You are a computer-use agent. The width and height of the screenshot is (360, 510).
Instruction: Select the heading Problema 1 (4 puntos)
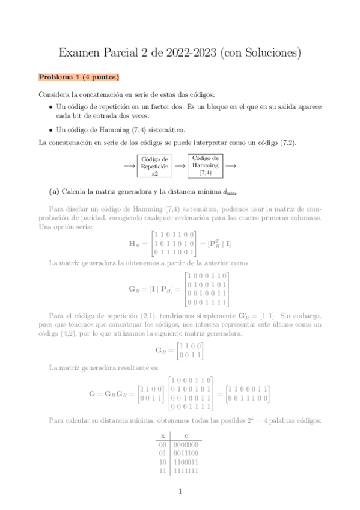click(x=79, y=77)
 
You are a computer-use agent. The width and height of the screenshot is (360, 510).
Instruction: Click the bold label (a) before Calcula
click(x=53, y=192)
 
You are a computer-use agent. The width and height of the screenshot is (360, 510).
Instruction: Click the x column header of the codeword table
click(x=162, y=435)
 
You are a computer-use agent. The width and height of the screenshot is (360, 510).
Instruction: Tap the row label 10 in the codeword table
click(x=162, y=462)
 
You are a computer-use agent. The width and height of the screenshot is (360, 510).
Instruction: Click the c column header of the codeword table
click(x=187, y=435)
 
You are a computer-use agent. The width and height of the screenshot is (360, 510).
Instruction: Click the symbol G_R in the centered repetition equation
click(x=160, y=351)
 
